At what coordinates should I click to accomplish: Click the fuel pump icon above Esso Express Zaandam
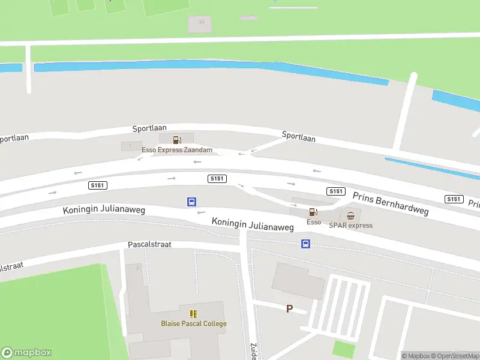177,140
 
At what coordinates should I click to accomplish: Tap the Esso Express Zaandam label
177,150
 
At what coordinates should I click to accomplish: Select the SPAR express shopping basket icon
351,215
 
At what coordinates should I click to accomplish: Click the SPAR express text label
351,226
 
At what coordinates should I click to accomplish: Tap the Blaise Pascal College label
194,324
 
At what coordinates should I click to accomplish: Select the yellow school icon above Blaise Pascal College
193,314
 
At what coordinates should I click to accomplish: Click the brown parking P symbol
289,309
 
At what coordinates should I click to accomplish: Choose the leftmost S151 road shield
97,185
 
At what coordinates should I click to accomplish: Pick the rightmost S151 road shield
454,199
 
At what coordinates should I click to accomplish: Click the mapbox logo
26,353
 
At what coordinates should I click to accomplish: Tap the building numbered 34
201,22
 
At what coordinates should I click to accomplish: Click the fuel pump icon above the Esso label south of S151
313,212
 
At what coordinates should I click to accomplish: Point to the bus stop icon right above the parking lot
305,244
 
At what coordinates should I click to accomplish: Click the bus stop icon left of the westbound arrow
191,202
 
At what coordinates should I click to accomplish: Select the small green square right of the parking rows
343,349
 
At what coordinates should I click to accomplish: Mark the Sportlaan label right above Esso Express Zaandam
149,130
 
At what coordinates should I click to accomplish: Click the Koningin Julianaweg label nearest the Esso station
253,225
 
